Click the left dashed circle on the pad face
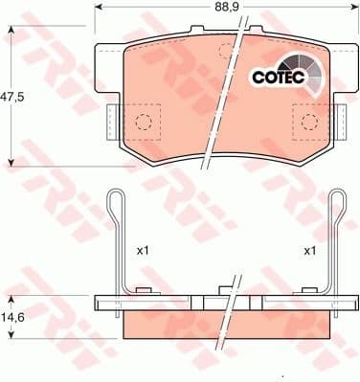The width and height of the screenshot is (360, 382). (143, 121)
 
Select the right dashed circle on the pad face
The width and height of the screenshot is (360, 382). (309, 121)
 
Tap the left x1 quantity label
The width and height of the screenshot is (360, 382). (143, 251)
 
